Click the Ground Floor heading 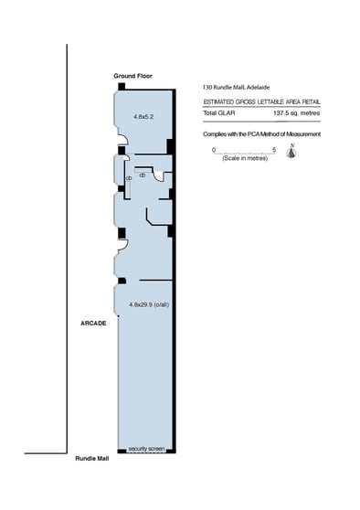(x=132, y=76)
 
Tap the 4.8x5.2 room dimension (x=143, y=116)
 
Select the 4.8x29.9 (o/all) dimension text (x=149, y=304)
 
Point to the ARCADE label (x=93, y=324)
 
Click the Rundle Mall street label (x=92, y=459)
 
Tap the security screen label (x=146, y=449)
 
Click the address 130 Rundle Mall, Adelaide (x=236, y=87)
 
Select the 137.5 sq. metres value (x=297, y=113)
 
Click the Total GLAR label (x=219, y=113)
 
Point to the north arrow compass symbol (x=291, y=151)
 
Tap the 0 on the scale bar (x=214, y=150)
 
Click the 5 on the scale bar (x=274, y=150)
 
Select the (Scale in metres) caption (x=245, y=158)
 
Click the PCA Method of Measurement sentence (x=262, y=134)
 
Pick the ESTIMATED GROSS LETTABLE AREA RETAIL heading (x=262, y=102)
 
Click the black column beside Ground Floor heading (x=122, y=87)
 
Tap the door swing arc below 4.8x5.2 (x=122, y=140)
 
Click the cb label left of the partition (x=129, y=178)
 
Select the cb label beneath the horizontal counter (x=143, y=175)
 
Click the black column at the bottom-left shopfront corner (x=122, y=451)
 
